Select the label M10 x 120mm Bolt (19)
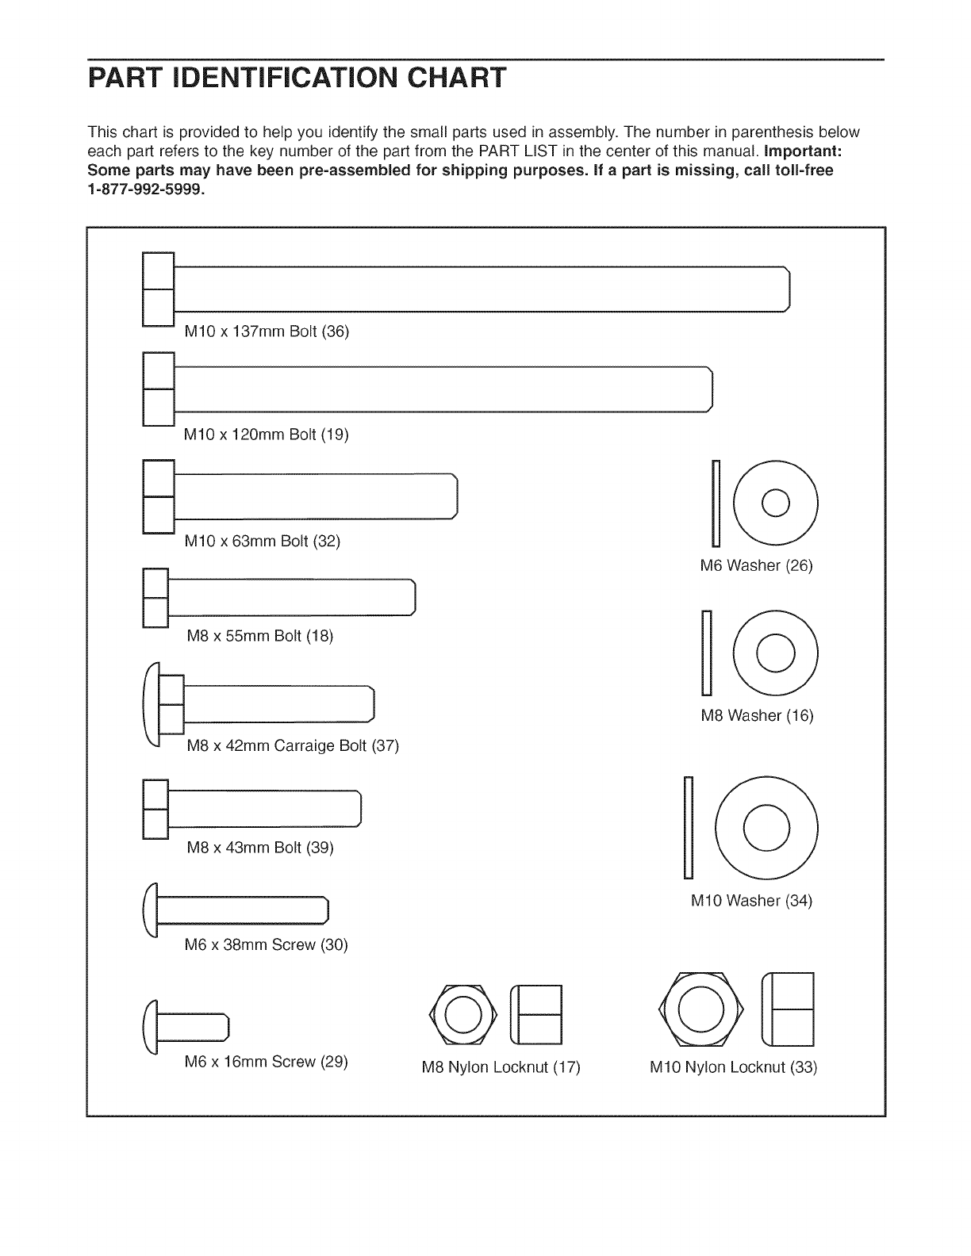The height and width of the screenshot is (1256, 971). pos(266,435)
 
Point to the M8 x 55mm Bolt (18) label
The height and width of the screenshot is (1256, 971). pos(259,636)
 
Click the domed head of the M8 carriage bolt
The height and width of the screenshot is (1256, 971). pos(150,705)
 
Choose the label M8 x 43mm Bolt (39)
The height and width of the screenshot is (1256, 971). pos(259,848)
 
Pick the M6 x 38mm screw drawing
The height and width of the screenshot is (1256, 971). pos(236,909)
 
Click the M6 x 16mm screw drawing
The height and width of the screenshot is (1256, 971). pos(187,1026)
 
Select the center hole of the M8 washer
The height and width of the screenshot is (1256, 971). pos(774,652)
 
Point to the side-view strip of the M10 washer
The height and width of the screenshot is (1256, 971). pos(689,828)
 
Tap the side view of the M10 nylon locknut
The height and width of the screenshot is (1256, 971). pos(788,1009)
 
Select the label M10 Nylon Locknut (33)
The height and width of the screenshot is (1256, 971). pos(733,1067)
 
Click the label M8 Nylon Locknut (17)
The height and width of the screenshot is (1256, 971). pos(501,1067)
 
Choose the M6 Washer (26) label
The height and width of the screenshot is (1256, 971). pos(756,565)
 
